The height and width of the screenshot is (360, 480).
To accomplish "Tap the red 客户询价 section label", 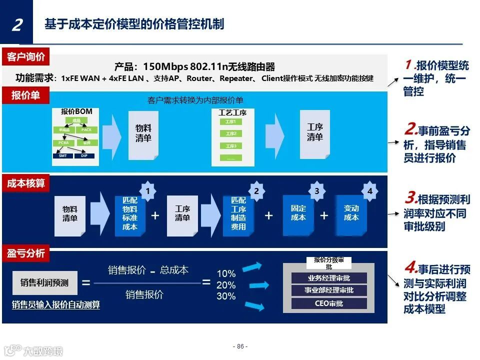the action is pos(26,57).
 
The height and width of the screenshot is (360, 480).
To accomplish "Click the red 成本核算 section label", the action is pos(26,183).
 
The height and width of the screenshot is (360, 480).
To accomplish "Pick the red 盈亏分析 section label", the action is pos(26,253).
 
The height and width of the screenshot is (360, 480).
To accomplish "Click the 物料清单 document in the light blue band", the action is pos(143,133).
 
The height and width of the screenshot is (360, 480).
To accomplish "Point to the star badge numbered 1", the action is pos(147,191).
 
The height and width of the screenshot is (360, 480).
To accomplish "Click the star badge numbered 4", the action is pos(369,191).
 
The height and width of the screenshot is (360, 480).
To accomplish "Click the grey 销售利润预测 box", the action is pos(44,283).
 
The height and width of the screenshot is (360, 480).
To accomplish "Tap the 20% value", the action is pos(226,285).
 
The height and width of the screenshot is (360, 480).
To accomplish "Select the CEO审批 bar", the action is pos(329,303).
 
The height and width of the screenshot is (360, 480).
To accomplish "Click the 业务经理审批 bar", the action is pos(329,278).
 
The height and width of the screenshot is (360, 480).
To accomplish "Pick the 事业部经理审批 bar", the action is pos(329,290).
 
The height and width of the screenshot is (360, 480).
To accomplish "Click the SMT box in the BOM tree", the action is pos(62,155).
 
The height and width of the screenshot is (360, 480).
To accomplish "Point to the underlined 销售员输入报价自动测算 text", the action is pos(56,304).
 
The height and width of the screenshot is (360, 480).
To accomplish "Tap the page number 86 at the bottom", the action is pos(240,346).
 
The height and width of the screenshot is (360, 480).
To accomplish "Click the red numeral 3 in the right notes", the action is pos(410,198).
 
